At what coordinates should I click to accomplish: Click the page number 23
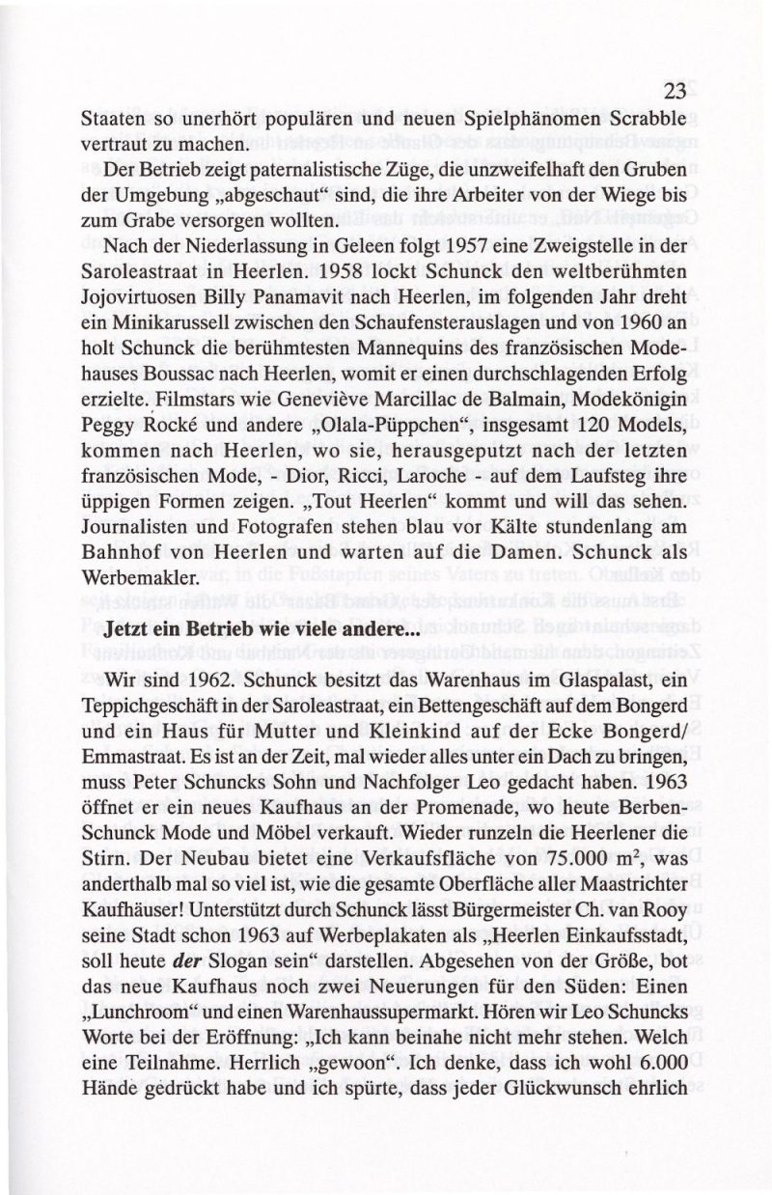coord(675,92)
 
